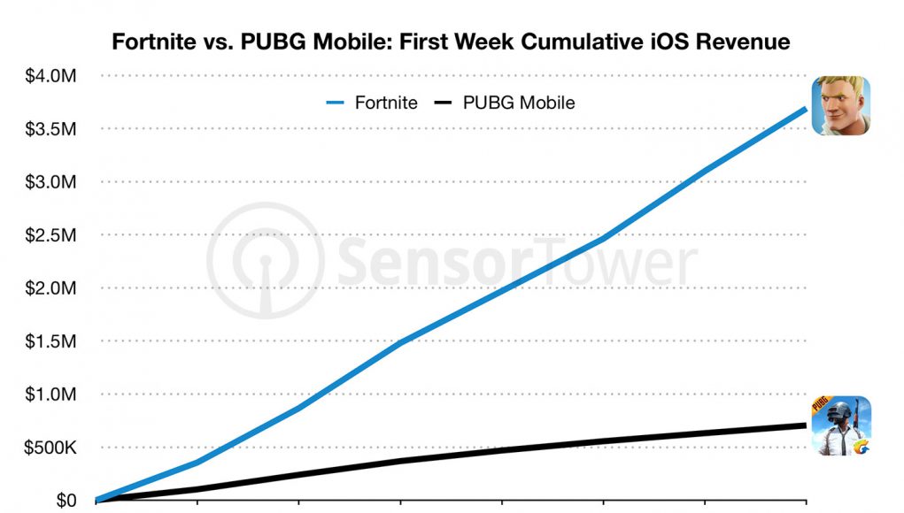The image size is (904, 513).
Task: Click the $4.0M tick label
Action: pos(50,76)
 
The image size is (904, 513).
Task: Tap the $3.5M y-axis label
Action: pos(50,129)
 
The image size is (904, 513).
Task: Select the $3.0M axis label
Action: pos(50,182)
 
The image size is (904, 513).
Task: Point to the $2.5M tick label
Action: pos(50,235)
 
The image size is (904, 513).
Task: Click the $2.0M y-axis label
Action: pos(50,288)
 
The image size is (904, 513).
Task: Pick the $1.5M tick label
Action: pos(50,341)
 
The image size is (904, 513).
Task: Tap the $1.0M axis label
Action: pos(50,394)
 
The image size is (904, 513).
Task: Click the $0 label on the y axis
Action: pos(66,501)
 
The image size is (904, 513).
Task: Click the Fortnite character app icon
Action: pos(841,105)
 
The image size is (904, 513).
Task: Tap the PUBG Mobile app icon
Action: pos(841,425)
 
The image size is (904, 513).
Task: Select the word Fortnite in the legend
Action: pos(386,103)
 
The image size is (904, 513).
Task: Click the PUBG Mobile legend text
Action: pos(519,103)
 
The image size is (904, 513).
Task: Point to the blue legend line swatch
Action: pos(336,103)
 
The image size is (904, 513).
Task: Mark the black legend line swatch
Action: pos(445,103)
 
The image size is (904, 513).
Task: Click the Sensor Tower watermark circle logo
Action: pos(264,262)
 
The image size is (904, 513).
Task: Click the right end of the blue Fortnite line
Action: pos(804,109)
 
